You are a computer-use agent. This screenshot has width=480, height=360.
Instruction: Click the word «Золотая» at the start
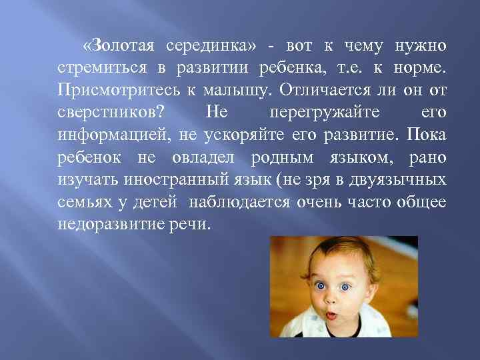pyautogui.click(x=119, y=46)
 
